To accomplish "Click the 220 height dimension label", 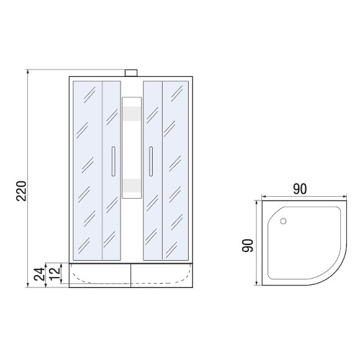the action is (21, 191).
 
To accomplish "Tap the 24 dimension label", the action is (40, 274).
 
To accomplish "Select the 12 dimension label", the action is (55, 274).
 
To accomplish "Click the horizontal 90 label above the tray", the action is (300, 189).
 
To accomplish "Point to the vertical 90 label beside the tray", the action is (248, 245).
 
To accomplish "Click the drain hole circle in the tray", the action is (283, 221).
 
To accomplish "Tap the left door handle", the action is (113, 161).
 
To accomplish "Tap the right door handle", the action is (151, 161).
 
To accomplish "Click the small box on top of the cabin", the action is (131, 73).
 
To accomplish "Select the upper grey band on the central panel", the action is (132, 114).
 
